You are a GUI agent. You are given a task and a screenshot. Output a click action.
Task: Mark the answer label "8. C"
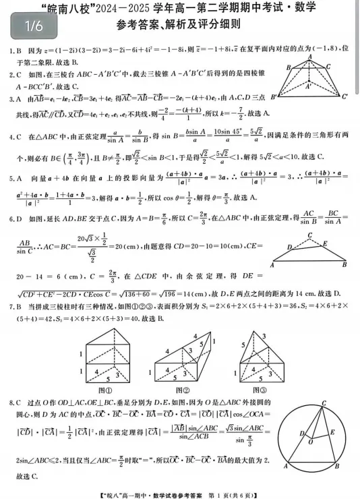pos(13,403)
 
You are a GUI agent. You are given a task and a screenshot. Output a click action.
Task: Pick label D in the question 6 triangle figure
pos(290,247)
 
